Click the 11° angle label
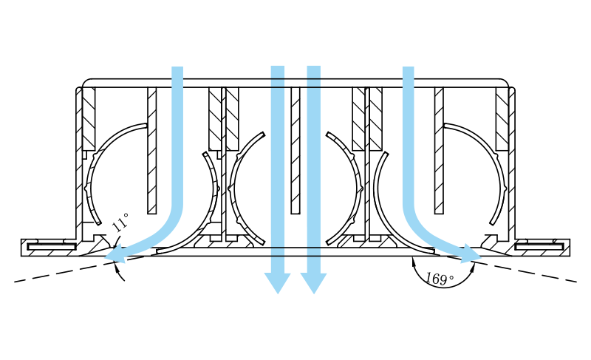[120, 222]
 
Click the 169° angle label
[440, 279]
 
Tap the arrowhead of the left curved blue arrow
[115, 254]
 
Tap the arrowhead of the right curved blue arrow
[471, 254]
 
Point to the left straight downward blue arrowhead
[278, 282]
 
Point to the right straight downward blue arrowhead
[313, 282]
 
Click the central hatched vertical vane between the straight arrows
[295, 151]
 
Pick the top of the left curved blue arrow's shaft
[177, 68]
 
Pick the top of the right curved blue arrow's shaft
[409, 68]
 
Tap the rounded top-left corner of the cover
[86, 83]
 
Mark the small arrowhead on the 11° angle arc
[117, 268]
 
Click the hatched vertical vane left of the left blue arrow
[152, 151]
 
